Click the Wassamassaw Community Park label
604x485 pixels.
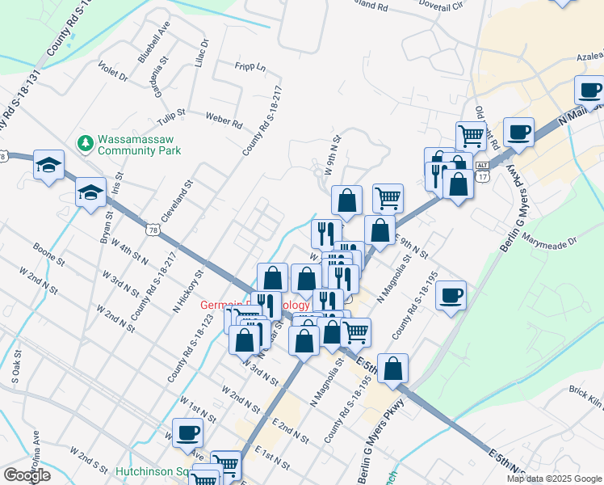coord(139,144)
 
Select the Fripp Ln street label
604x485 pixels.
coord(250,67)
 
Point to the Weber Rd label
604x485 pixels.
coord(224,121)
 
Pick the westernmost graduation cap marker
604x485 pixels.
coord(48,166)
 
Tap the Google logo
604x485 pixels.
coord(27,475)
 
